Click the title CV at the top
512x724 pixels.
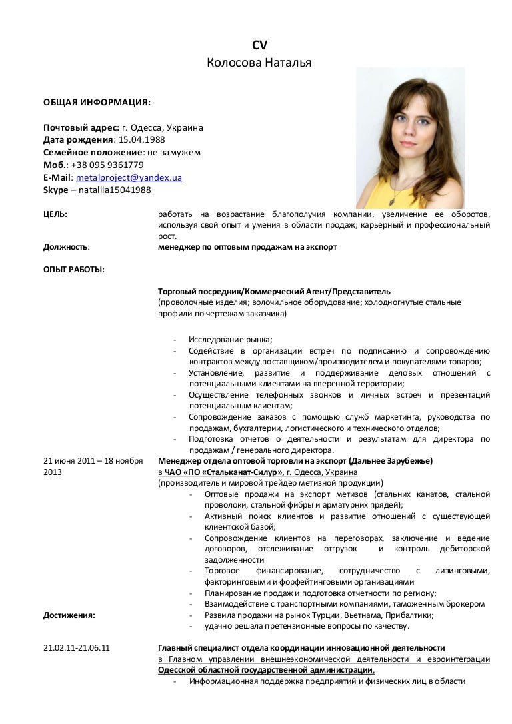coord(259,45)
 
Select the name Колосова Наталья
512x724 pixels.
coord(259,63)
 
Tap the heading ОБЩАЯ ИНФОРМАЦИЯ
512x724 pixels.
coord(97,103)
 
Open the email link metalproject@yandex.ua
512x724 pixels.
coord(129,177)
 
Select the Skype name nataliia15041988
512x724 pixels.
coord(115,190)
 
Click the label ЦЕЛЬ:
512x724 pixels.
coord(55,214)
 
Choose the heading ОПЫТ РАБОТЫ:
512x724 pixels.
coord(73,269)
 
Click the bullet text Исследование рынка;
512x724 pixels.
coord(231,339)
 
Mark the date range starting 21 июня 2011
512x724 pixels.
coord(93,460)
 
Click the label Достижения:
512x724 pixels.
coord(69,615)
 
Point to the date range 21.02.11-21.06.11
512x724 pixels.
coord(77,647)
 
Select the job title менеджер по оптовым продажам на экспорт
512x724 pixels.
coord(247,246)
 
